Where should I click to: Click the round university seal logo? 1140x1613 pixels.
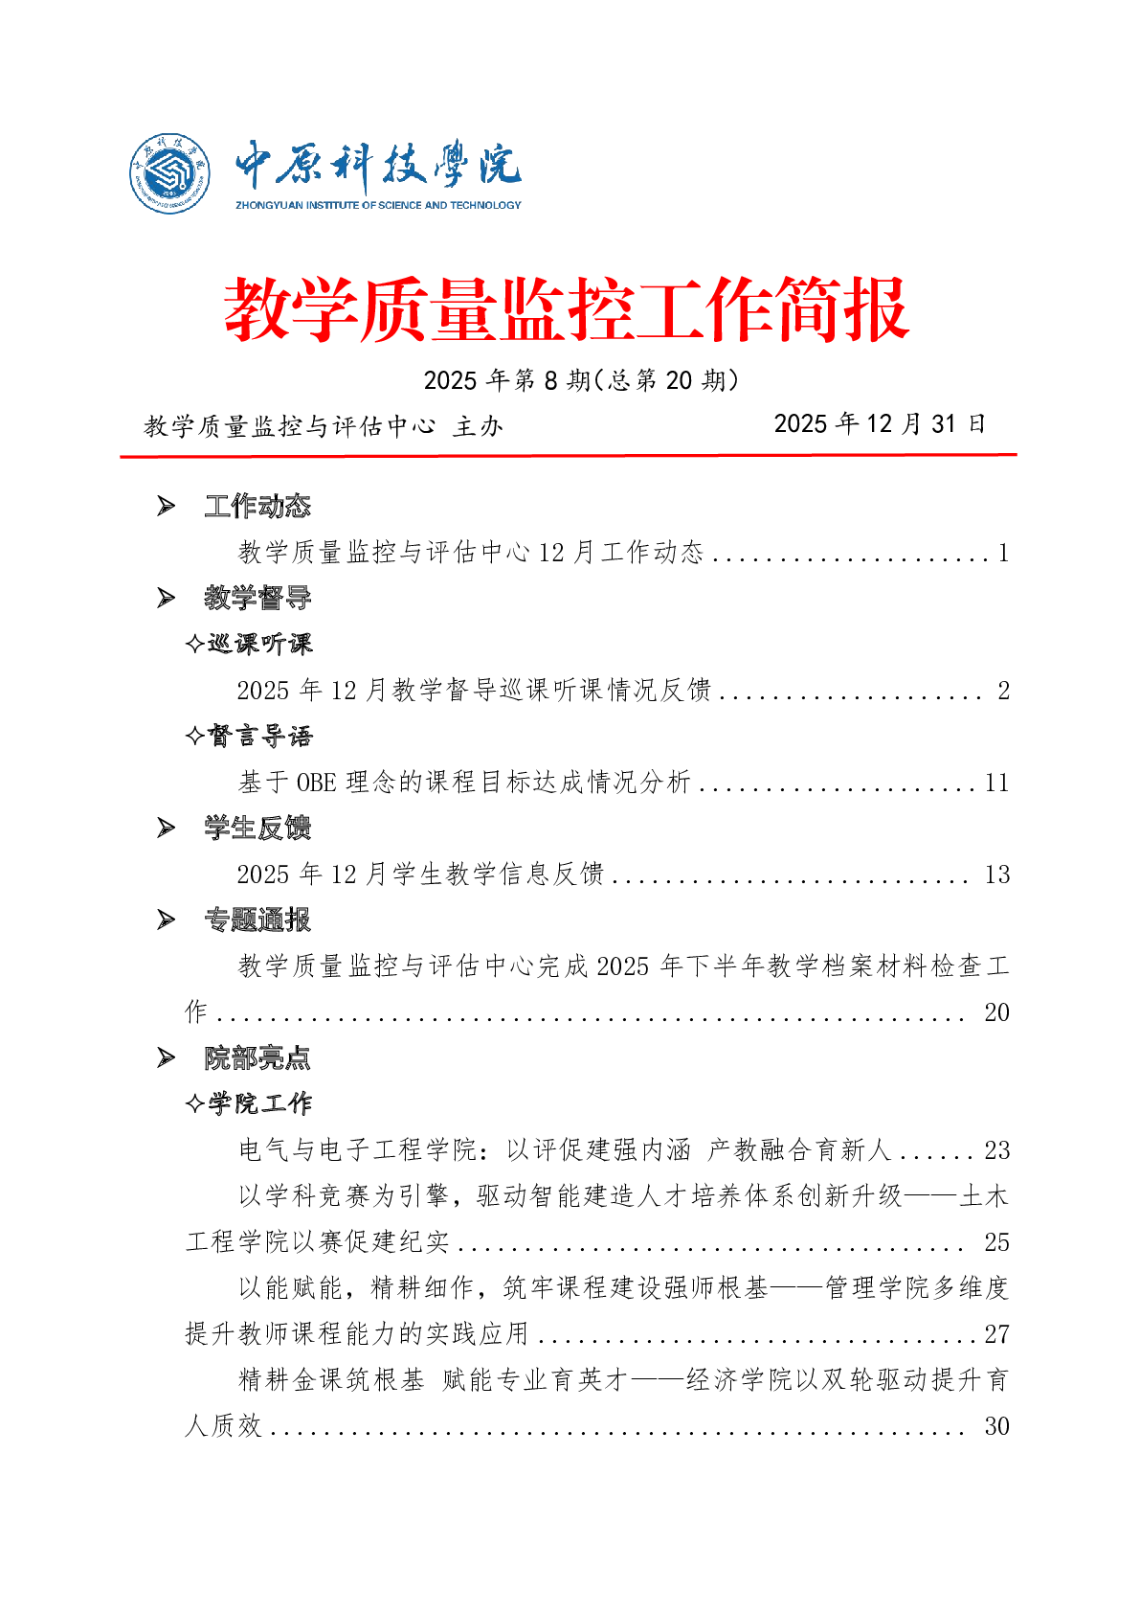[x=170, y=173]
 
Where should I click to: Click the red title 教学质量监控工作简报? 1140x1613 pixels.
[x=566, y=309]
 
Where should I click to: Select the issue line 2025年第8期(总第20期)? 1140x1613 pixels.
[x=581, y=380]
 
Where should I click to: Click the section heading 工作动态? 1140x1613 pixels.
[x=257, y=506]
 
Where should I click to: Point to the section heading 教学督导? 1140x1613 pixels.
[x=257, y=598]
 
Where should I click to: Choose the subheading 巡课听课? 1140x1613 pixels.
[x=259, y=644]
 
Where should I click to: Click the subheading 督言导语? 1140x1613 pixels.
[x=259, y=736]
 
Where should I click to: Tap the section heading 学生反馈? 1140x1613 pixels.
[x=257, y=828]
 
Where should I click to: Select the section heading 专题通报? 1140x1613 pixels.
[x=257, y=920]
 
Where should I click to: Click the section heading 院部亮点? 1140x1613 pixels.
[x=257, y=1057]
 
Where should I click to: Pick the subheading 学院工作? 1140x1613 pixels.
[x=259, y=1103]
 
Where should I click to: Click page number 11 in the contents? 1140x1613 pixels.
[x=996, y=783]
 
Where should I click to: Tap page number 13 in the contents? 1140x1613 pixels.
[x=996, y=875]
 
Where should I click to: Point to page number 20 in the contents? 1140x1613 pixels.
[x=996, y=1012]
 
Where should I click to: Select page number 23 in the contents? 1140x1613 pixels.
[x=996, y=1150]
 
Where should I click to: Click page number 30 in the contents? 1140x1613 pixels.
[x=996, y=1426]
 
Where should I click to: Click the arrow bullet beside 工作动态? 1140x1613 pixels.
[x=167, y=506]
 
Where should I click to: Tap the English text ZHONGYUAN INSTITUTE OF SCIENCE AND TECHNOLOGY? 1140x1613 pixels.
[x=378, y=205]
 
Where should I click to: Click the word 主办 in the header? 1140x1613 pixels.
[x=478, y=426]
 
